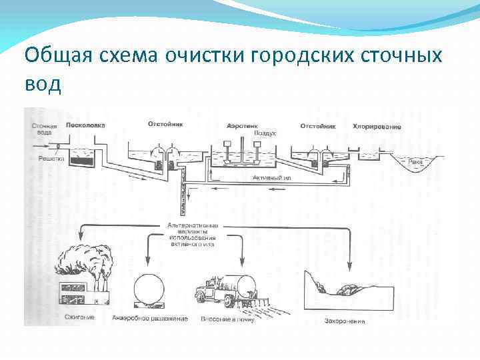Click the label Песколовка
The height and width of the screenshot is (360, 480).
click(85, 125)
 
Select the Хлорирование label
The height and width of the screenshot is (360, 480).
click(377, 126)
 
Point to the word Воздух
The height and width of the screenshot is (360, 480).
click(265, 134)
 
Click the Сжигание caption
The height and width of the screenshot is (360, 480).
click(80, 317)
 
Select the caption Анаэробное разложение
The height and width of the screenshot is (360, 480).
click(151, 318)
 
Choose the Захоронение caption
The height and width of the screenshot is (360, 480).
click(345, 321)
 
